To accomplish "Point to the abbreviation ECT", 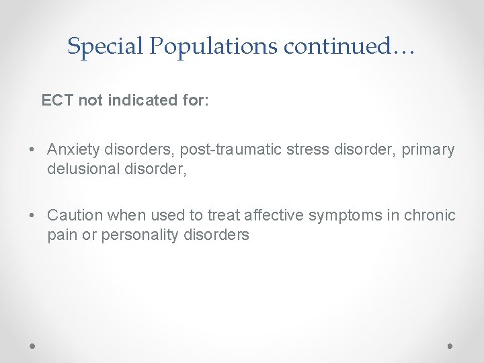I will point(58,101).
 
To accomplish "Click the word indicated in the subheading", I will point(140,101).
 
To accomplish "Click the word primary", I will point(428,149).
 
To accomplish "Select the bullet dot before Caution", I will point(32,216).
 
